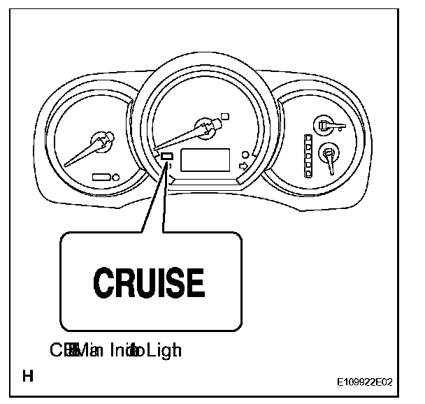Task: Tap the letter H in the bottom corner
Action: [28, 378]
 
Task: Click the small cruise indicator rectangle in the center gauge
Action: [167, 157]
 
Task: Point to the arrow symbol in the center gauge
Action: [243, 166]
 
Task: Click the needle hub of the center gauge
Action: [208, 127]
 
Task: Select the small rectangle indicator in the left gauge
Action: [101, 178]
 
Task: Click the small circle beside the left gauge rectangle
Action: [115, 178]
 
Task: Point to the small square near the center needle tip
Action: [224, 115]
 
